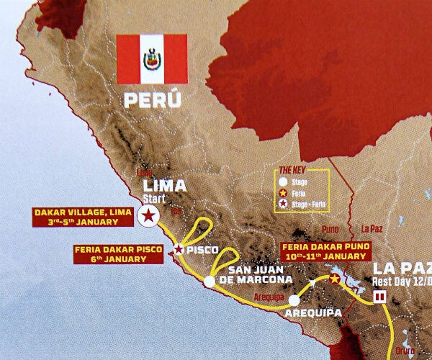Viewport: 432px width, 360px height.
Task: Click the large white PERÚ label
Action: click(x=151, y=98)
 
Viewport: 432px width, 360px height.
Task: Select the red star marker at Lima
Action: click(x=148, y=215)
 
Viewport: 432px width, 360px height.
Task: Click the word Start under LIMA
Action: click(x=155, y=198)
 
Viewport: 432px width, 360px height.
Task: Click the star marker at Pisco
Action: click(x=179, y=249)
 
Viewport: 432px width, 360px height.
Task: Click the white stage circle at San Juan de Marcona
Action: click(x=209, y=282)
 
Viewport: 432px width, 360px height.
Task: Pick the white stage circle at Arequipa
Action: click(x=294, y=300)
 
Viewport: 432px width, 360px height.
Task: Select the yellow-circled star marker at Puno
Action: click(x=334, y=278)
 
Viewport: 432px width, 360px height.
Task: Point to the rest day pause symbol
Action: click(x=380, y=297)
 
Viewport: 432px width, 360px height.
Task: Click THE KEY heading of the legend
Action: click(x=292, y=171)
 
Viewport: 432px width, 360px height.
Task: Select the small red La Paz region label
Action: click(x=372, y=229)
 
